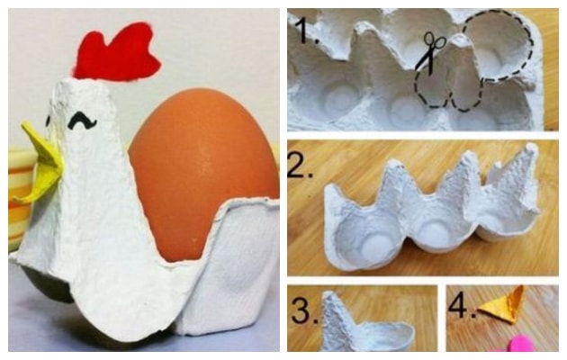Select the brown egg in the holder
click(202, 174)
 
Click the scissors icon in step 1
click(430, 52)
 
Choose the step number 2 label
click(300, 165)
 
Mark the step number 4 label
click(462, 306)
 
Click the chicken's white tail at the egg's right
click(231, 267)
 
